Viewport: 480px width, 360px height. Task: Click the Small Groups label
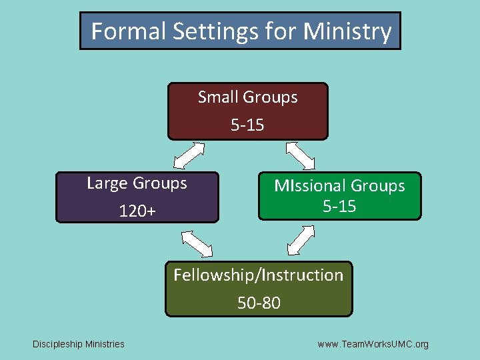247,97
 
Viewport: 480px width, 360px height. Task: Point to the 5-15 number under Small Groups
247,125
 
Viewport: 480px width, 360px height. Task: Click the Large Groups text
137,183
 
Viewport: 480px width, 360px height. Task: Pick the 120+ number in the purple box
137,211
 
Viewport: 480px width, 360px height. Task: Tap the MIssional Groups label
339,186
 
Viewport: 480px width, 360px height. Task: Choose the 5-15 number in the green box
339,207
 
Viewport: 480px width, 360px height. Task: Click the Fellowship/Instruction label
258,275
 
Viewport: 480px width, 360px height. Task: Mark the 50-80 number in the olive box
259,303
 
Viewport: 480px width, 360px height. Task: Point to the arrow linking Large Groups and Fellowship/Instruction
197,243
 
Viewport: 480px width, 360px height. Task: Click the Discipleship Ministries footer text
79,344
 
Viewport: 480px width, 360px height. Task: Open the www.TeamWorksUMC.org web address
373,344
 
